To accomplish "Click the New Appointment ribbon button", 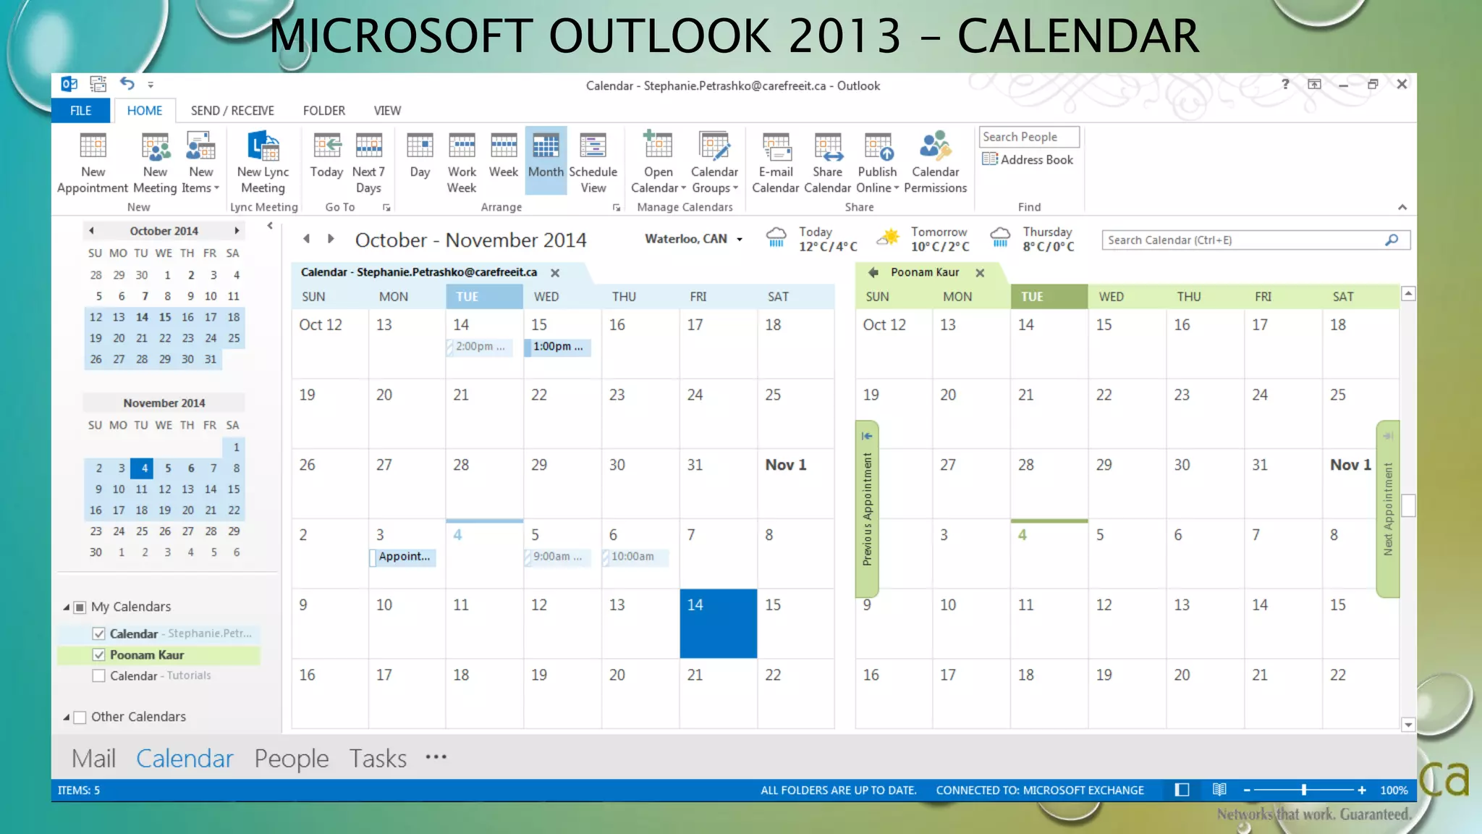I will (93, 164).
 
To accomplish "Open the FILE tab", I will (80, 111).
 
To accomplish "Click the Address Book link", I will (1028, 160).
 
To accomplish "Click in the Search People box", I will (1028, 137).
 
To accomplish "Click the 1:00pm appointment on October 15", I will (558, 347).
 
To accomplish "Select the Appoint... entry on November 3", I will (404, 557).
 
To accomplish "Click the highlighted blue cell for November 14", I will (718, 623).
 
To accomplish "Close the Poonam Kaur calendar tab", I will (980, 273).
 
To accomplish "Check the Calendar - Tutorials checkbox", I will (99, 675).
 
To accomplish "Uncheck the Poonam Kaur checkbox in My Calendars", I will (99, 654).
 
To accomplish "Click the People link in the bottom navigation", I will (291, 758).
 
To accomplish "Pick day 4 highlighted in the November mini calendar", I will (144, 468).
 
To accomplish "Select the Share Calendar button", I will (827, 164).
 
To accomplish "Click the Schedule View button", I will (593, 164).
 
